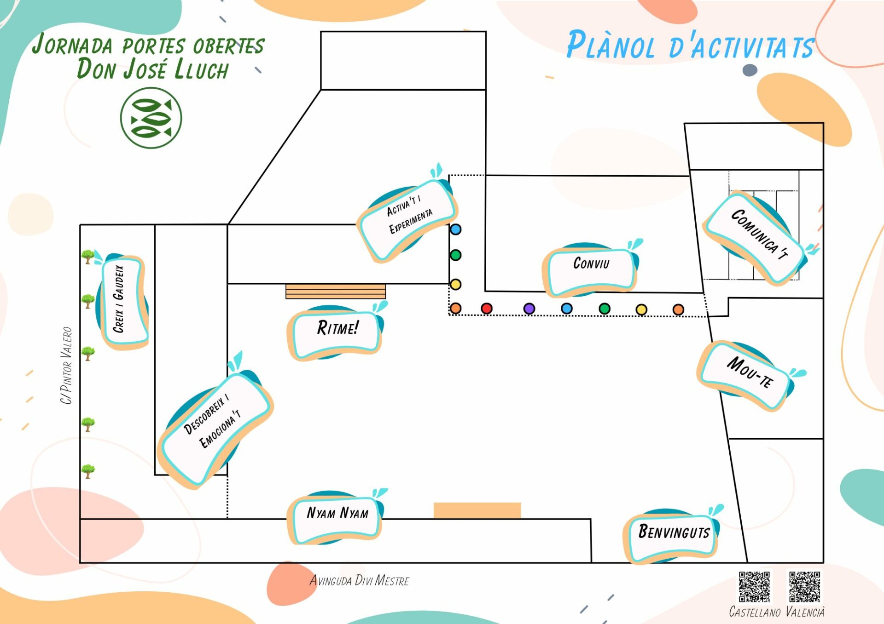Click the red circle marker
[x=486, y=308]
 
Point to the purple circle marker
[x=529, y=309]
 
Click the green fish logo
[x=151, y=118]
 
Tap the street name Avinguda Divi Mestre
[x=359, y=581]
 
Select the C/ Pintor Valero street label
[x=66, y=366]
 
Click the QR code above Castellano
[x=754, y=587]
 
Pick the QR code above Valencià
[x=804, y=587]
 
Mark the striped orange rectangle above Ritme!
[x=336, y=292]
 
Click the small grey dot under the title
[x=750, y=70]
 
